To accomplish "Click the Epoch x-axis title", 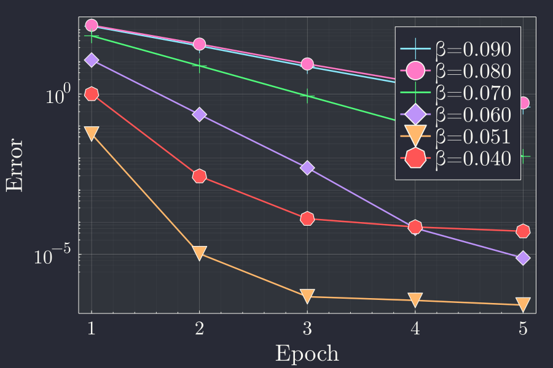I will coord(307,353).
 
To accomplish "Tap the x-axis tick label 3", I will coord(307,329).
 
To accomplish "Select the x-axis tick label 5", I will coord(523,329).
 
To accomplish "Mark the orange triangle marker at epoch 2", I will coord(199,252).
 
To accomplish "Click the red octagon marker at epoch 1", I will coord(92,94).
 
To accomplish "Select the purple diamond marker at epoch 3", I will coord(307,167).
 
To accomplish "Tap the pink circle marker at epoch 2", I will coord(199,44).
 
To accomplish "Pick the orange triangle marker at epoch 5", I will coord(523,304).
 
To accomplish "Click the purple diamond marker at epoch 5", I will coord(523,258).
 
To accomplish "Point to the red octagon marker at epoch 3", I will coord(307,218).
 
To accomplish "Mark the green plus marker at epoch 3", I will coord(307,96).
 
